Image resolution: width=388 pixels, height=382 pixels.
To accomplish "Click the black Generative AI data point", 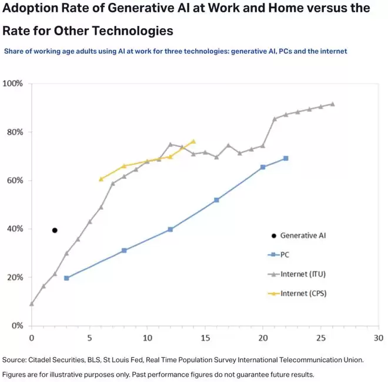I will point(55,230).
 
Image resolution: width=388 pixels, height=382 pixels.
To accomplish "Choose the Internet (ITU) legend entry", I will point(302,274).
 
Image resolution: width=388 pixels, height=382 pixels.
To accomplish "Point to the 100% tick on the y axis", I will point(13,84).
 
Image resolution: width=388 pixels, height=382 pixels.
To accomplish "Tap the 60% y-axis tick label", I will point(15,181).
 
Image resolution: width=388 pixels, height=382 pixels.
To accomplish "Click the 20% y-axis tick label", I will point(15,277).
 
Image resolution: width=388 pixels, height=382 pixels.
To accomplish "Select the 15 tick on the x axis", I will point(205,338).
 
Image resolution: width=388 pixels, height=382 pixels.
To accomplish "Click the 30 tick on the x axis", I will point(378,338).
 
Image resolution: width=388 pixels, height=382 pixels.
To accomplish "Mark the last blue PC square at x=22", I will point(286,158).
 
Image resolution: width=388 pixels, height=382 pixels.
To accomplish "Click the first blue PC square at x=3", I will point(66,278).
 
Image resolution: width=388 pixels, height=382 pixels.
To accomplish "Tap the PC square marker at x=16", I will point(216,200).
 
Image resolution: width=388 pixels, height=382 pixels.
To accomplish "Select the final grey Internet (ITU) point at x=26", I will point(332,104).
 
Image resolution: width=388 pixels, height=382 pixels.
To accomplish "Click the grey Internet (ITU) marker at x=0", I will point(32,304).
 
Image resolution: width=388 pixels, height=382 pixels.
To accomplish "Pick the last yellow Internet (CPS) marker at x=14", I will point(193,141).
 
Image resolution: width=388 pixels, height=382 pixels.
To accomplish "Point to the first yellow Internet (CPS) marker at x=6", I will point(101,179).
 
